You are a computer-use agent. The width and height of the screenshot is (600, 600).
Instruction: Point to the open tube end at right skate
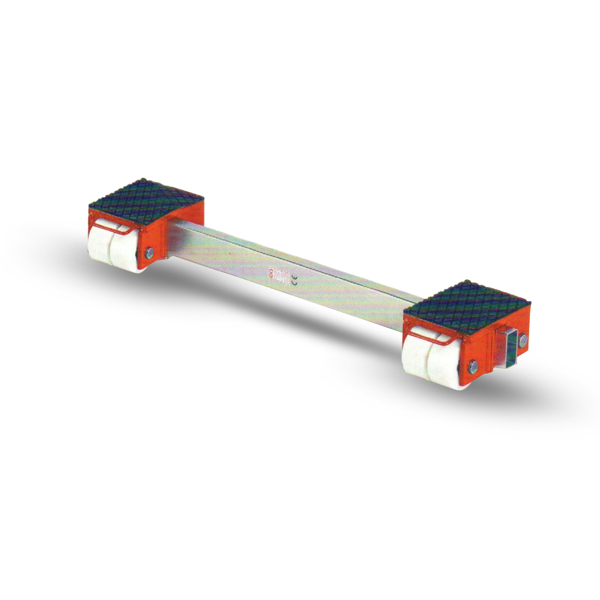point(508,347)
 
